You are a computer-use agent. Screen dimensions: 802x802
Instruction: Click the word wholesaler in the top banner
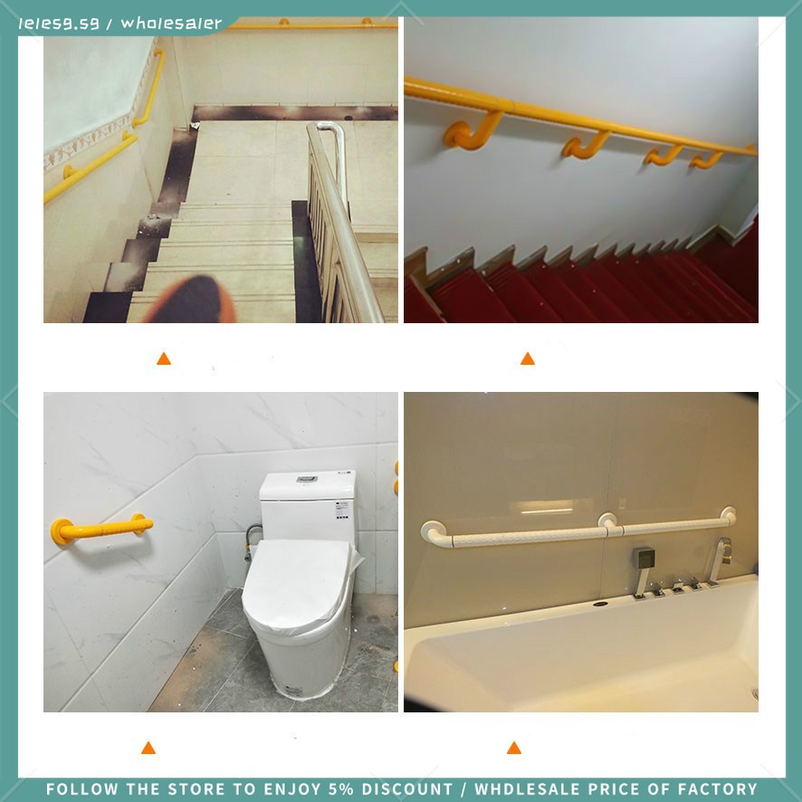[171, 23]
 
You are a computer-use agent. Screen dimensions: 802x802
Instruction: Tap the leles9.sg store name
[59, 24]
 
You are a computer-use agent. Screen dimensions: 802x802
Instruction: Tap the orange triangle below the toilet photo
[148, 748]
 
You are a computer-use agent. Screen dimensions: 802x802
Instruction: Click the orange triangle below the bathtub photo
[514, 748]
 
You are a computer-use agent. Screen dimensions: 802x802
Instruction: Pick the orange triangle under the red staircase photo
[528, 358]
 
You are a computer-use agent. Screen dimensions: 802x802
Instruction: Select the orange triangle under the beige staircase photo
[164, 358]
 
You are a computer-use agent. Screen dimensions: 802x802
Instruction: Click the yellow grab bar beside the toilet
[100, 529]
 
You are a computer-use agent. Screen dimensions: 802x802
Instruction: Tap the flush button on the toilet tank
[307, 479]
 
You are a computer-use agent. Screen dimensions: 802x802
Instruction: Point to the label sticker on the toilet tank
[342, 511]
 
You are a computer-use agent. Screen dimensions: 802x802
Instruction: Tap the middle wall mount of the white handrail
[607, 522]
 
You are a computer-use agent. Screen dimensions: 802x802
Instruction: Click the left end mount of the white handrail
[433, 533]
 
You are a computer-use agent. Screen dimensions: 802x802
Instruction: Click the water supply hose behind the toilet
[250, 540]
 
